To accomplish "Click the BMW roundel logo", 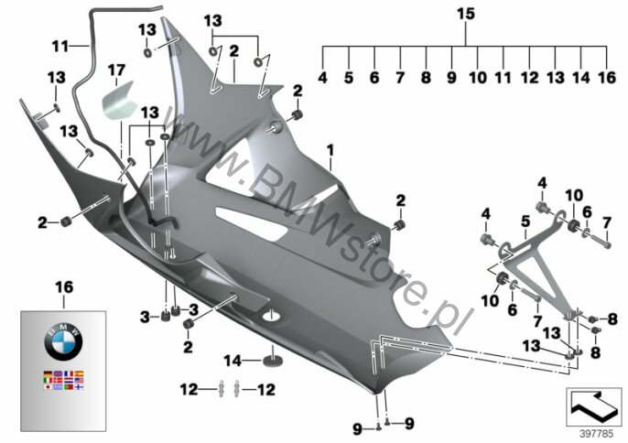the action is point(63,342).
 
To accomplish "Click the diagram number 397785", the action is point(597,434).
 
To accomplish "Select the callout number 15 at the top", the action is point(465,14).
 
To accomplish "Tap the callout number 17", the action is point(116,70).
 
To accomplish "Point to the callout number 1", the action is point(330,151).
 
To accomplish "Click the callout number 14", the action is point(233,361).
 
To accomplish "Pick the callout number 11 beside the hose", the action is point(60,47).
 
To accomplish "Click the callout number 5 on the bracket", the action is point(525,221).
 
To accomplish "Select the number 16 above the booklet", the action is point(64,286).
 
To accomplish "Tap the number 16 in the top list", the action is point(606,78).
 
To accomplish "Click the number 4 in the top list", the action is point(322,78).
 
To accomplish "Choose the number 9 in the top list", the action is point(451,78).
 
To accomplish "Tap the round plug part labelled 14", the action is point(273,360).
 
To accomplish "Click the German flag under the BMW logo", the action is point(48,373).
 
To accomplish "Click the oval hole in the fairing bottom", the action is point(272,316).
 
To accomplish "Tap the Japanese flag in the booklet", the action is point(48,387).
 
